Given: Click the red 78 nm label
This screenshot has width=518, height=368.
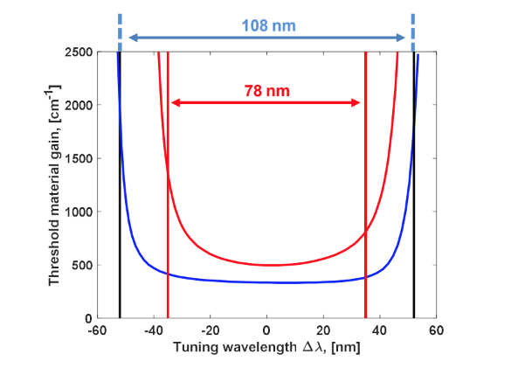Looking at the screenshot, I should point(266,89).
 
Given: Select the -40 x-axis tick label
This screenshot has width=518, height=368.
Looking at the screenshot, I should point(152,331).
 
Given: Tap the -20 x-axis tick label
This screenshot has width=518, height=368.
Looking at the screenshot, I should point(209,331).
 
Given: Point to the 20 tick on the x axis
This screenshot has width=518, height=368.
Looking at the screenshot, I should point(323,331).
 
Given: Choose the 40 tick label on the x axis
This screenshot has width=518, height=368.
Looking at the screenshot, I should point(380,331).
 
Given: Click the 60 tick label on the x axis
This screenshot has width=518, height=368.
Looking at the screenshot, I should point(437,331).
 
